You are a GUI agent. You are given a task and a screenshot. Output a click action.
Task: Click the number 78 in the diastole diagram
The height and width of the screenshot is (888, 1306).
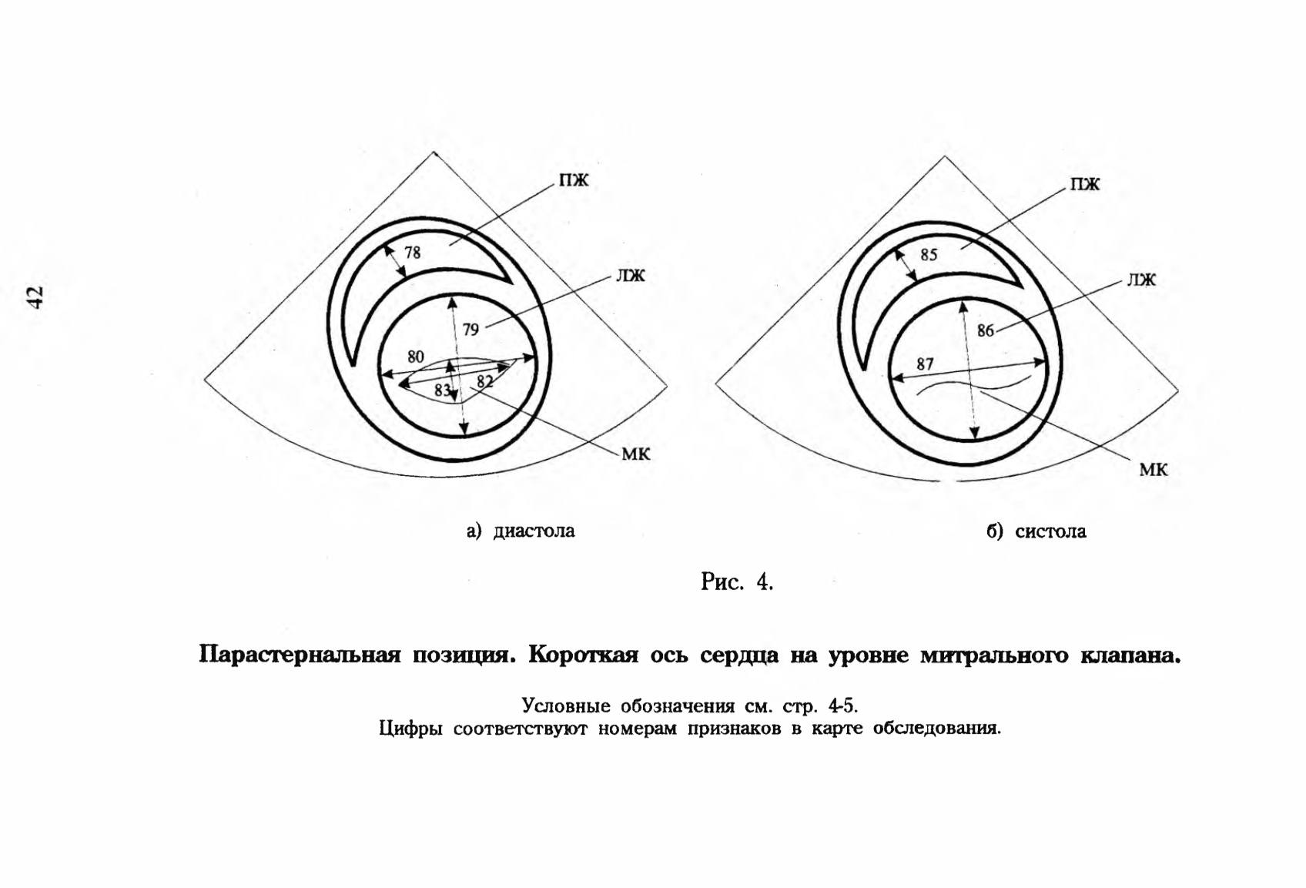point(412,253)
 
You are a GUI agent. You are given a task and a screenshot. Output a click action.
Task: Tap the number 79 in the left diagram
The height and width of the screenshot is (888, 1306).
point(470,330)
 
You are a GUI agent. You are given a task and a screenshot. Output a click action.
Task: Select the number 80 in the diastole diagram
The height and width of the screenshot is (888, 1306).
point(416,357)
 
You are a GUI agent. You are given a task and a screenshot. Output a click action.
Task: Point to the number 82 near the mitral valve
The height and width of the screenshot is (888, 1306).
point(485,381)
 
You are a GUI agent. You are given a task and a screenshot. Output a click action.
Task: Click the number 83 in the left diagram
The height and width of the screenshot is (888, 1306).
point(443,390)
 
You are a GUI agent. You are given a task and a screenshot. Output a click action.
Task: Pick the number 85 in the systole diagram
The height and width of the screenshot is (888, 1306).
point(929,254)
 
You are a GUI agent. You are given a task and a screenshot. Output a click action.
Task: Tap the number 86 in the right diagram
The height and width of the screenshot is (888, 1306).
point(986,330)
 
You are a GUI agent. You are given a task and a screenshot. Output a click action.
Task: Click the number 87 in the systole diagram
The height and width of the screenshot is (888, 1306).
point(925,364)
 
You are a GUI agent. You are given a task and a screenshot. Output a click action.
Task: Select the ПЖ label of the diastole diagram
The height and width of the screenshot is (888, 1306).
point(574,180)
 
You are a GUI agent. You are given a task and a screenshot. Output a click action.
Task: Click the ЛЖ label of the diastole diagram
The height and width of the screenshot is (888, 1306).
point(631,276)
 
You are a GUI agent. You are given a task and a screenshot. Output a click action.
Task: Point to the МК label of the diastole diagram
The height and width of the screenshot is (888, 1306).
point(635,454)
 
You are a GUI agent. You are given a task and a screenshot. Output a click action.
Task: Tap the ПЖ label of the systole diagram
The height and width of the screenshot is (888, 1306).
point(1084,184)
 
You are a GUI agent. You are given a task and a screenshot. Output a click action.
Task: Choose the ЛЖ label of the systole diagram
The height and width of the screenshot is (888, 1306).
point(1141,280)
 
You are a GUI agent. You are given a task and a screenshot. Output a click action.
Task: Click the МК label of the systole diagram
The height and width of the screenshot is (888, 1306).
point(1154,469)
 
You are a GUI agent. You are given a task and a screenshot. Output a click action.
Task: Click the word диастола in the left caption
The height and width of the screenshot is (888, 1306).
point(534,531)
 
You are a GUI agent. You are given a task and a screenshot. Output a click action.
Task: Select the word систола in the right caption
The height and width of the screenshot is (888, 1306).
point(1050,531)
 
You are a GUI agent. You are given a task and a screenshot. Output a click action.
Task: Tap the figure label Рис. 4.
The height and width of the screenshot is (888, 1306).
point(737,581)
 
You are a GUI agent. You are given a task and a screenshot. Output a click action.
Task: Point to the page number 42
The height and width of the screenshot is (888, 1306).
point(35,297)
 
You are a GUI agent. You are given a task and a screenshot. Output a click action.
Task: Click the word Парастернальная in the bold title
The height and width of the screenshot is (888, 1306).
point(300,655)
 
